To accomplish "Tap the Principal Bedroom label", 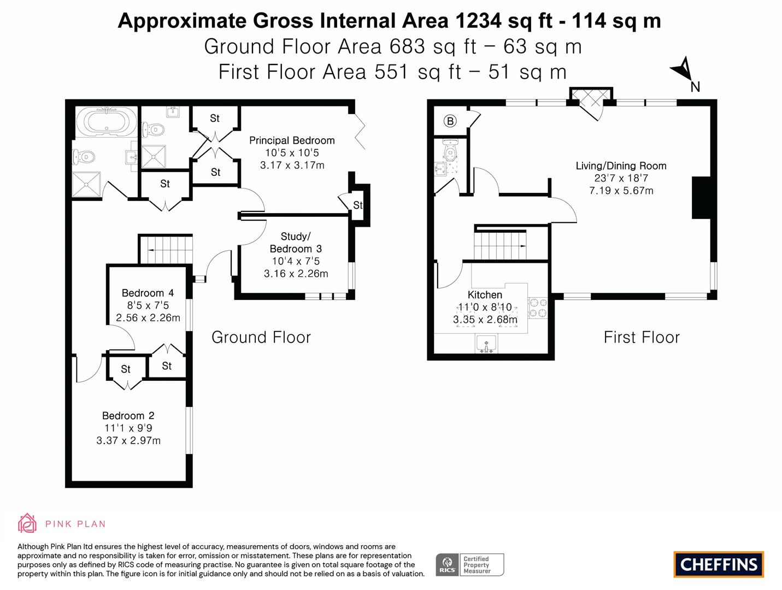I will point(292,140).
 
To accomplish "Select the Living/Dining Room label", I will point(621,166).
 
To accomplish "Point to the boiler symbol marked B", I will point(450,121).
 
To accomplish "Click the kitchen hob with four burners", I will point(537,308).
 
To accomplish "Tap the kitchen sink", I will point(485,344).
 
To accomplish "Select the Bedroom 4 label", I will point(148,293).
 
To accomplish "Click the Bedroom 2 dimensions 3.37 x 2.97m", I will point(128,440).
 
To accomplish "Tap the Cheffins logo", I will point(719,564).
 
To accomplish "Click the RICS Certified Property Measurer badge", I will point(469,564).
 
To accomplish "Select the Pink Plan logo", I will point(61,523).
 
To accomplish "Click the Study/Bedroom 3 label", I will point(296,243).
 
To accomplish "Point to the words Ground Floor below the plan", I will point(261,337).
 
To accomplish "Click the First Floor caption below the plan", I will point(642,337).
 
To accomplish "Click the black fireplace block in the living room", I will point(701,198).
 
